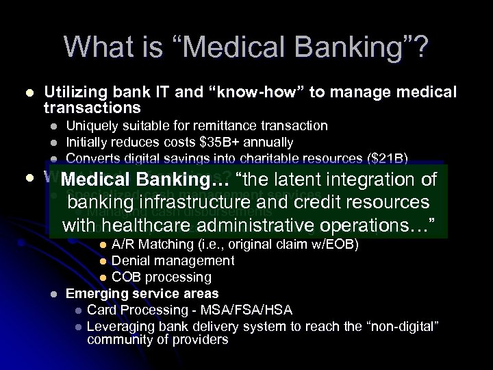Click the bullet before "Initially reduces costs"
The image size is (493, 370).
[53, 143]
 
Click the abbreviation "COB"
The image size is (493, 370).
[127, 277]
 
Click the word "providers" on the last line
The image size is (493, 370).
[199, 340]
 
